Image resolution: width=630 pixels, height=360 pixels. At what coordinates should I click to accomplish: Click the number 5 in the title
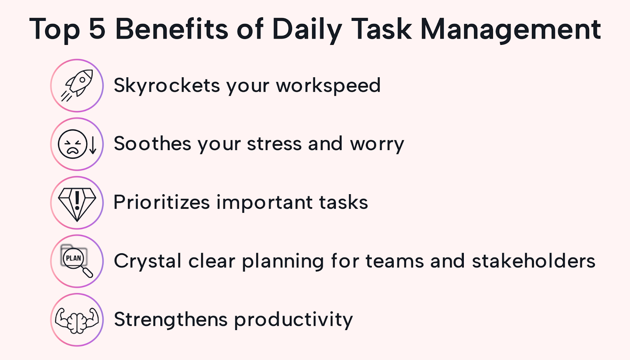tap(97, 28)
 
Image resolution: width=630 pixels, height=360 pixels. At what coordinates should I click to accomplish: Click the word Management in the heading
tap(510, 30)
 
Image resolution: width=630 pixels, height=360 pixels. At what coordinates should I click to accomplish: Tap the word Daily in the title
tap(307, 30)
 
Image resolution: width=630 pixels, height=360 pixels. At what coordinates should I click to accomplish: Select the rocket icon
tap(77, 85)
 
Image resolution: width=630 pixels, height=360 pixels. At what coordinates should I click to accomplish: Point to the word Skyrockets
tap(167, 86)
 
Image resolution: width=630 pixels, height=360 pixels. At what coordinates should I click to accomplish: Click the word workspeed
tap(328, 86)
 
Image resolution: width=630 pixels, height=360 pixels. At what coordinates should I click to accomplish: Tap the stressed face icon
tap(72, 144)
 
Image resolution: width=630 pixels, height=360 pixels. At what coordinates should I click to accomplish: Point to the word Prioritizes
tap(162, 202)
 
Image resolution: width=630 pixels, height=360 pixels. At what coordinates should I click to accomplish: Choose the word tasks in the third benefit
tap(343, 202)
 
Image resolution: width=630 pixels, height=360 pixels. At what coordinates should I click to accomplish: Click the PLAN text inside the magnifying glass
tap(73, 258)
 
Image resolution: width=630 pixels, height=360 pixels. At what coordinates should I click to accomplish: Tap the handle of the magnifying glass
tap(88, 272)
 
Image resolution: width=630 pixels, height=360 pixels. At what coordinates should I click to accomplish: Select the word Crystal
tap(148, 261)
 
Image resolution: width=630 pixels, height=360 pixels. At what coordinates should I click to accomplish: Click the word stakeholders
tap(534, 260)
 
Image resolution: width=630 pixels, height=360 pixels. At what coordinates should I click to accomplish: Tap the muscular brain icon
tap(77, 321)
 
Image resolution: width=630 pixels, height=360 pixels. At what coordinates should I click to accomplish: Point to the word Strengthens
tap(171, 319)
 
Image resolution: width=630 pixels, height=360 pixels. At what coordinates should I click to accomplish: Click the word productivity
tap(293, 320)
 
